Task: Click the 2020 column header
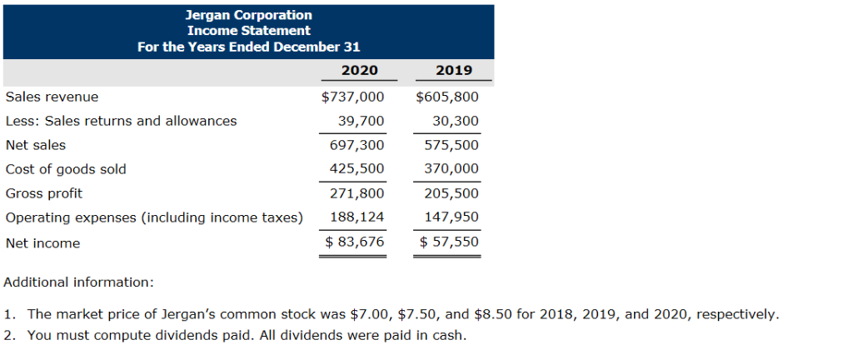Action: click(x=359, y=71)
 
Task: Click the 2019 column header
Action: click(x=454, y=71)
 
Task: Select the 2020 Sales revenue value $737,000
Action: click(x=352, y=97)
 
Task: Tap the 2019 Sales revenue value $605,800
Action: click(x=447, y=97)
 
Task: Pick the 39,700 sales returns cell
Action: click(x=361, y=121)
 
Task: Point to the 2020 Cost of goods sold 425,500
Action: click(x=357, y=169)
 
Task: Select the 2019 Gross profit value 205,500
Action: click(x=452, y=193)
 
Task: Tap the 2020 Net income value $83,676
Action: click(x=354, y=242)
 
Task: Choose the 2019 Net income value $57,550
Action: click(x=449, y=242)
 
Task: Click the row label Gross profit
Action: click(x=44, y=193)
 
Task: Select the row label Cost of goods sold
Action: click(x=66, y=169)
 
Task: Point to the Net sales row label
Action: click(x=36, y=145)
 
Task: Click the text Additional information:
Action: click(x=78, y=282)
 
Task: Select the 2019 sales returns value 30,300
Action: click(x=456, y=121)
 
